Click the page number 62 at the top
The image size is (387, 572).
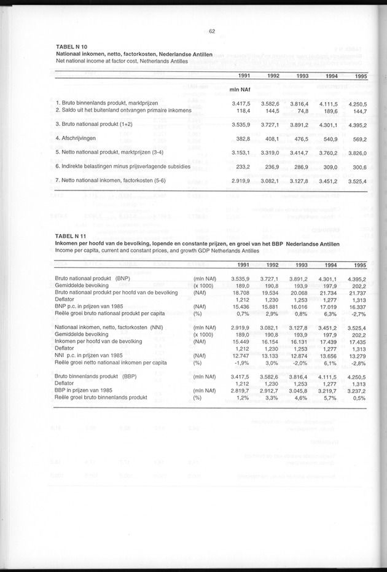click(211, 31)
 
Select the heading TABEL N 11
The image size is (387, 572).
click(73, 235)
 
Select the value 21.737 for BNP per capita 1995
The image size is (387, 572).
click(357, 292)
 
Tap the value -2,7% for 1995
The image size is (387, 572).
click(358, 311)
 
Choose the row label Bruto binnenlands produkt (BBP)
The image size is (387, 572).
click(95, 376)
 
